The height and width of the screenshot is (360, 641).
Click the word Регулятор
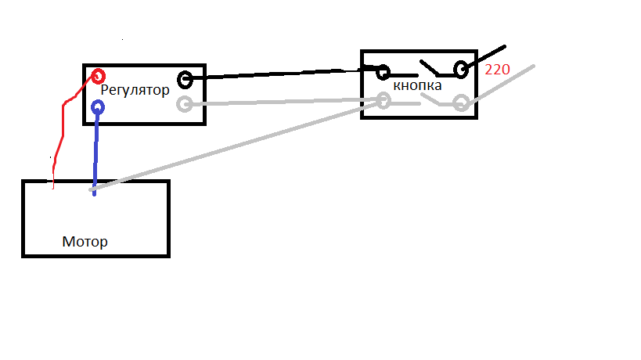[x=135, y=90]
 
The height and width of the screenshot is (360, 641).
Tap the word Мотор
[x=85, y=242]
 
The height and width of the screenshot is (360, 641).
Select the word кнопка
[x=417, y=85]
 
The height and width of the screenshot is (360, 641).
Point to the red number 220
[x=497, y=70]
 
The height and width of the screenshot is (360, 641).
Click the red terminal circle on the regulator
[x=98, y=76]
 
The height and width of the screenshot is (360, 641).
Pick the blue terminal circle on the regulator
[x=98, y=107]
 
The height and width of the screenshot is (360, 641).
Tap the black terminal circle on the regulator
[x=185, y=80]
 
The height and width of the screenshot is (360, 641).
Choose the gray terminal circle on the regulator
[x=185, y=104]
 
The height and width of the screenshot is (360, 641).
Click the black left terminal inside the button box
[x=383, y=72]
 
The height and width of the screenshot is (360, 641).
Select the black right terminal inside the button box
[x=461, y=70]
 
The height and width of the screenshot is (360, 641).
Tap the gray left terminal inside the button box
[x=383, y=101]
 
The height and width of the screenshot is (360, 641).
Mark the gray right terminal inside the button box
[x=461, y=103]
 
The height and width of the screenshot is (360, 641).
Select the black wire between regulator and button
[x=282, y=74]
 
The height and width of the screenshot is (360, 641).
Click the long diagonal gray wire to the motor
[x=235, y=146]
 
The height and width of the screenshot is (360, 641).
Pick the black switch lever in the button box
[x=429, y=68]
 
